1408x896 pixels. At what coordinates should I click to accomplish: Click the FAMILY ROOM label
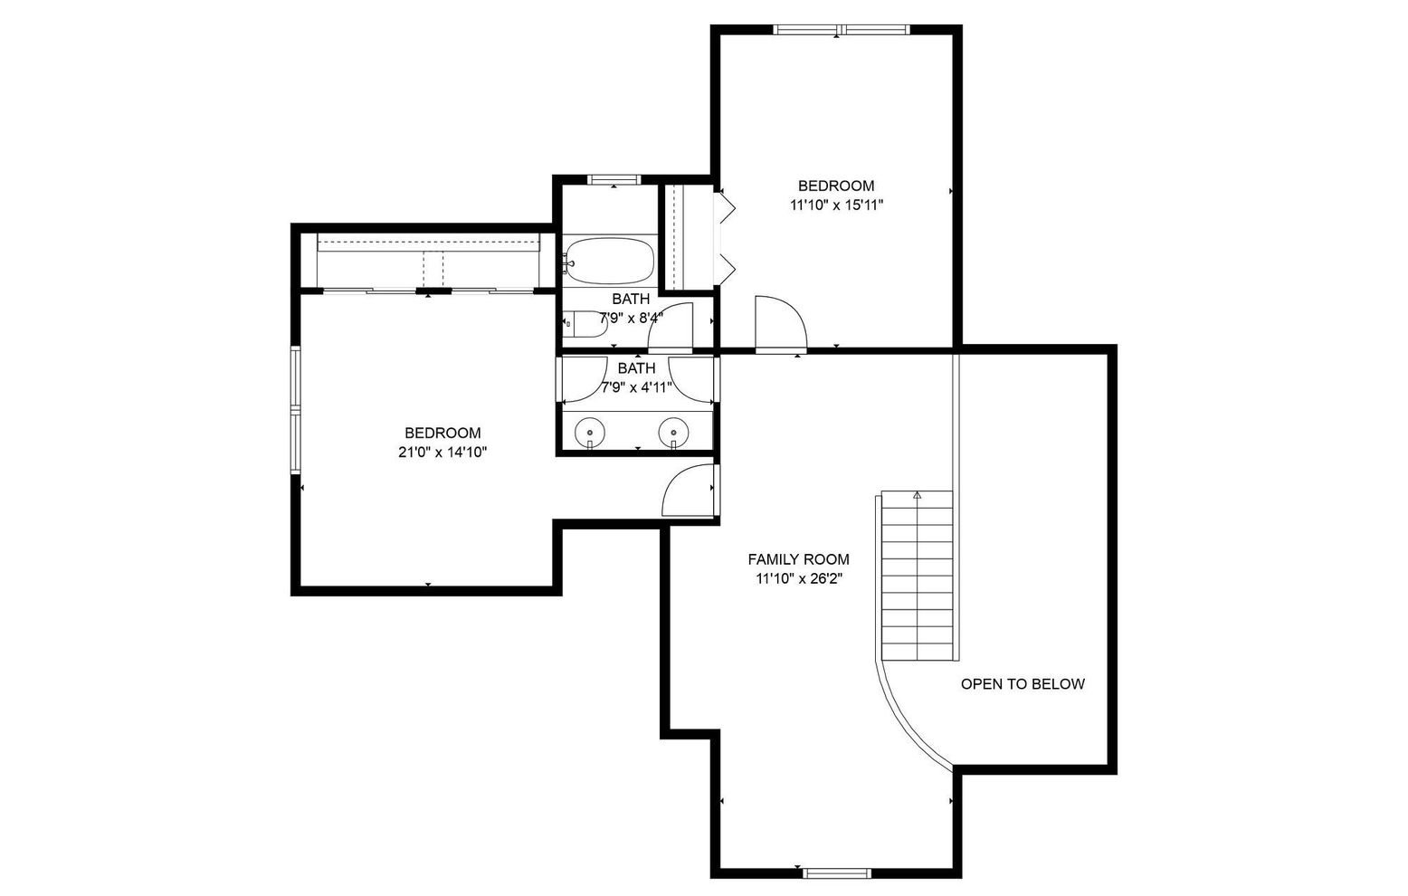click(x=798, y=559)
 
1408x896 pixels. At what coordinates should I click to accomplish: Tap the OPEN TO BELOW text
click(x=1023, y=684)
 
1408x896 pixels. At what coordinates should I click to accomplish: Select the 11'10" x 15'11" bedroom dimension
click(x=837, y=205)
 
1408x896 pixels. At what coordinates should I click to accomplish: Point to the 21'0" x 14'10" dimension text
click(x=442, y=453)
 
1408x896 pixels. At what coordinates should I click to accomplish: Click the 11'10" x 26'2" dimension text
click(x=799, y=578)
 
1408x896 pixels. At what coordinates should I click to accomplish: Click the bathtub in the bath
click(x=608, y=261)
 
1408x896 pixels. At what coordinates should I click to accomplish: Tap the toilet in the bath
click(x=585, y=324)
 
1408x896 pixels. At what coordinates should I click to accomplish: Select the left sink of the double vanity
click(x=590, y=432)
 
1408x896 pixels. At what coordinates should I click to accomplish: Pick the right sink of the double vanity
click(x=674, y=432)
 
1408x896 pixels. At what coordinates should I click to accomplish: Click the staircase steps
click(x=917, y=575)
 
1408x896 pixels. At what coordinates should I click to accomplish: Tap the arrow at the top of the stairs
click(x=917, y=495)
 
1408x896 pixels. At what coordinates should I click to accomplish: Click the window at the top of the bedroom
click(x=841, y=30)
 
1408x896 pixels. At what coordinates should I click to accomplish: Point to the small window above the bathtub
click(x=614, y=180)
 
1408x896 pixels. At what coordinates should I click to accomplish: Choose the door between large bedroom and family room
click(x=689, y=491)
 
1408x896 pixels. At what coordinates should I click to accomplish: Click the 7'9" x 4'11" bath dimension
click(x=637, y=387)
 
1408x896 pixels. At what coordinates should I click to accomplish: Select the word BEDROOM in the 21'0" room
click(x=442, y=434)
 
